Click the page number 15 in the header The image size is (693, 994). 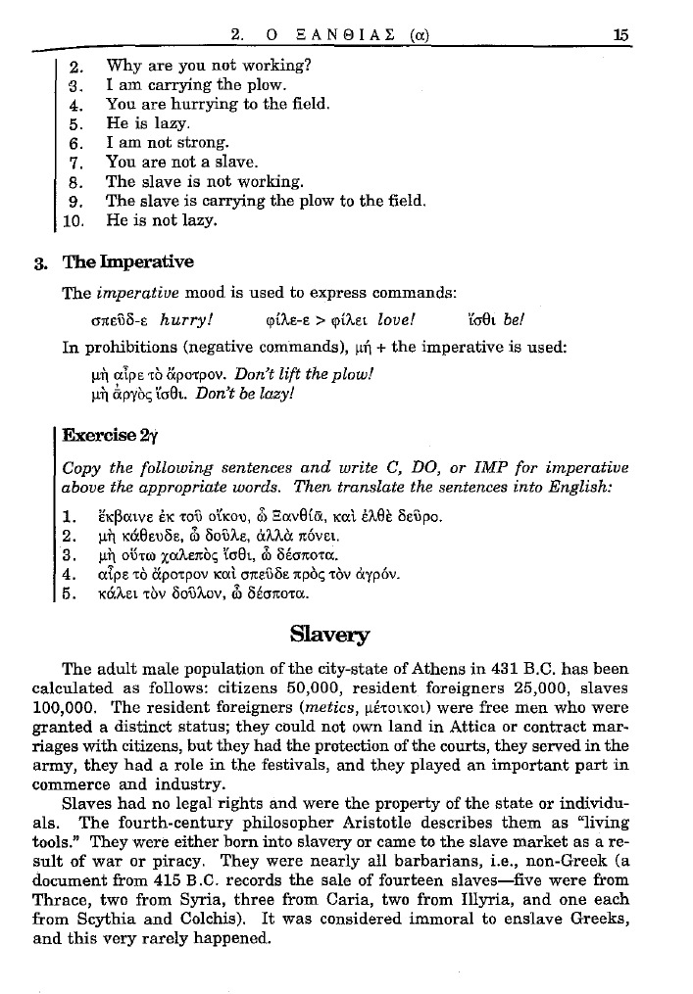[x=619, y=34]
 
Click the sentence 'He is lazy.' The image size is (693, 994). [x=148, y=124]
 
